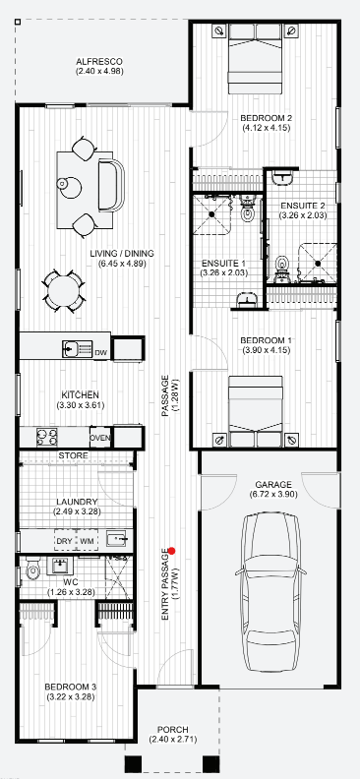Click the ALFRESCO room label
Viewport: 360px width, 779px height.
98,62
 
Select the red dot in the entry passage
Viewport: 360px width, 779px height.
171,551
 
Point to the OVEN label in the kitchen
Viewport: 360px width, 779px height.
100,438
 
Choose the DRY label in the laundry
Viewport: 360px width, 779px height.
64,541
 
